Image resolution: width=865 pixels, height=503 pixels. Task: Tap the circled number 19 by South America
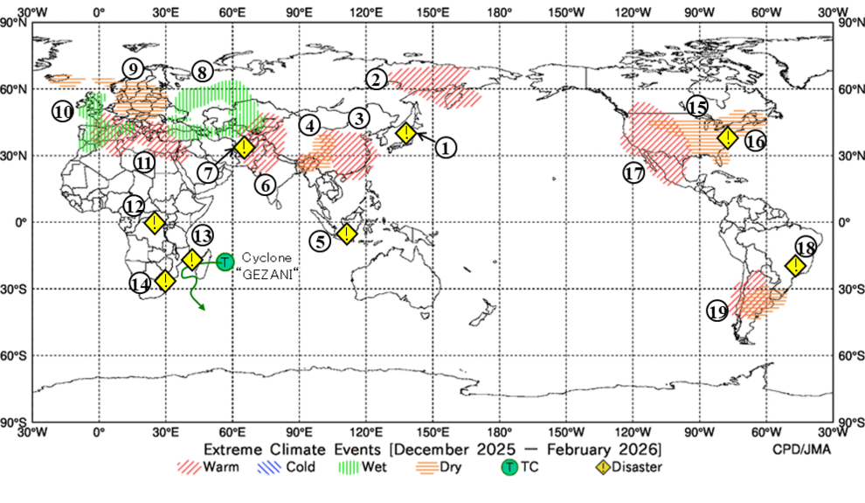tap(717, 311)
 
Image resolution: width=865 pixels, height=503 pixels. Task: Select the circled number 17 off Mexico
tap(634, 172)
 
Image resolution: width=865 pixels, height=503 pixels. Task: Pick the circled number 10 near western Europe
tap(62, 112)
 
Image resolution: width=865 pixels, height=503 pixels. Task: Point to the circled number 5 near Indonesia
tap(322, 240)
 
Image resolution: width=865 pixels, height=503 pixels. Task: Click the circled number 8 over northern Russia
tap(202, 73)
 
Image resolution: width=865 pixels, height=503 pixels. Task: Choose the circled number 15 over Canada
tap(696, 107)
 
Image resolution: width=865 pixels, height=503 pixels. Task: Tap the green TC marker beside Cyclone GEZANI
tap(225, 261)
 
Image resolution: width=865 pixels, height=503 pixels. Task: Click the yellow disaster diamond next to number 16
tap(728, 138)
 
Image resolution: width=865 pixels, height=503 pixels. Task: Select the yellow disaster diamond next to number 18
tap(795, 265)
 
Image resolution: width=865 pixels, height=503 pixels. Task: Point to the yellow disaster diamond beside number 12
tap(155, 222)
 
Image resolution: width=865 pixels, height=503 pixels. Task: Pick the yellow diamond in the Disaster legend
tap(602, 467)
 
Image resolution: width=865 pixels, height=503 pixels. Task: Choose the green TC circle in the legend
tap(509, 467)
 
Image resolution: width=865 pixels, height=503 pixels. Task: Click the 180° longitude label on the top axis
tap(499, 11)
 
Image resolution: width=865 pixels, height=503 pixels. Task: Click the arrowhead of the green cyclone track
tap(204, 307)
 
